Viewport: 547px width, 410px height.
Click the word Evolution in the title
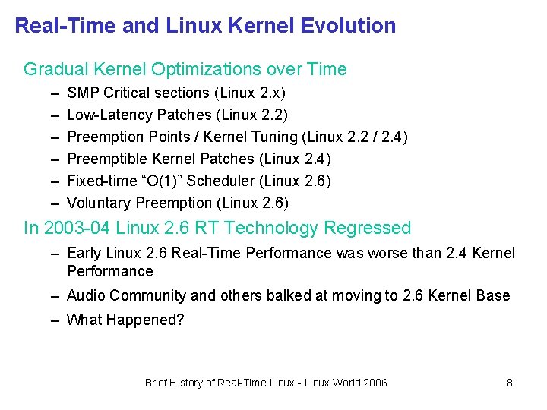(348, 26)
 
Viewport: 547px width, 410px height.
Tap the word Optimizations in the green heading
(206, 70)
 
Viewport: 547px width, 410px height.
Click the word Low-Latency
(110, 115)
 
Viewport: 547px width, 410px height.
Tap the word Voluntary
(98, 203)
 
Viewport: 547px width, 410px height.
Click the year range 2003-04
(77, 228)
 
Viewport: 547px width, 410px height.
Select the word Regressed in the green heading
(368, 229)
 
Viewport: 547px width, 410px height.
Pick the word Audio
(86, 295)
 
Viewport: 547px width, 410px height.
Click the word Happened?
(145, 320)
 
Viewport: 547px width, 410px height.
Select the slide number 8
(510, 383)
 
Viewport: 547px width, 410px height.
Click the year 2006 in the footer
(375, 383)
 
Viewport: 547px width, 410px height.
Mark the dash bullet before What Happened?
(55, 320)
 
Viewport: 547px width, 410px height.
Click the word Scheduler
(221, 181)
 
